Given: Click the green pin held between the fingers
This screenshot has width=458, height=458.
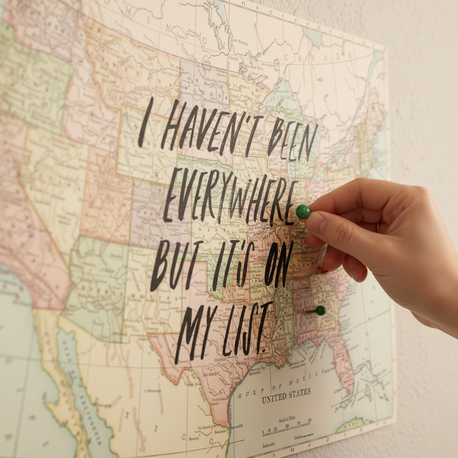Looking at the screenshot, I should pyautogui.click(x=303, y=212).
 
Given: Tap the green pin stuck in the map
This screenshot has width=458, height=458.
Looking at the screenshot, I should pyautogui.click(x=320, y=310).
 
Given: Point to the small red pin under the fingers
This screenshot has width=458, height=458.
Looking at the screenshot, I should pyautogui.click(x=322, y=270).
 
